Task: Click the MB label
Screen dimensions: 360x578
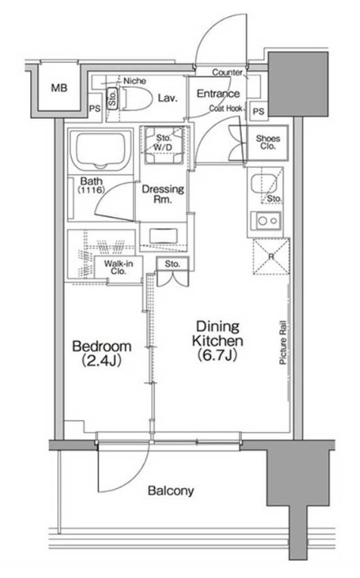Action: pos(59,88)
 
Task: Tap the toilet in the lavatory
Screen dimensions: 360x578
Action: pos(137,99)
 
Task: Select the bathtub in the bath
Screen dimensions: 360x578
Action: pos(101,151)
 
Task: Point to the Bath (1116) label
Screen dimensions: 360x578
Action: pos(92,185)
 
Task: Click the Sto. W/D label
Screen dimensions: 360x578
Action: pos(163,143)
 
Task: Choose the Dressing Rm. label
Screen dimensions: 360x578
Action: pos(163,194)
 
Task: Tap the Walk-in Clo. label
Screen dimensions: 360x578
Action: pos(118,267)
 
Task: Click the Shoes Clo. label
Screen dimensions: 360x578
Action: pos(268,142)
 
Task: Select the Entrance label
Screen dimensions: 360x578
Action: pos(218,94)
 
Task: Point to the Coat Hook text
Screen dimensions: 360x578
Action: pos(226,108)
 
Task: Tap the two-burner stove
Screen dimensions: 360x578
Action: pos(265,221)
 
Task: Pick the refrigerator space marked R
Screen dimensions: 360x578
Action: pos(272,256)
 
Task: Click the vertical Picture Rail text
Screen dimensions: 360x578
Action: pos(283,343)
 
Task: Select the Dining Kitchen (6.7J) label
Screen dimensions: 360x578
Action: pos(217,340)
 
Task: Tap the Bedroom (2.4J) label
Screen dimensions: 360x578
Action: pos(101,353)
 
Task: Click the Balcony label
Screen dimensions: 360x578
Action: pos(171,491)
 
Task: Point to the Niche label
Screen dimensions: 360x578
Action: pos(135,81)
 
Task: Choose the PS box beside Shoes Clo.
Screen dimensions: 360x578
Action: pos(259,110)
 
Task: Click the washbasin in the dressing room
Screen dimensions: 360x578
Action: pos(163,236)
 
